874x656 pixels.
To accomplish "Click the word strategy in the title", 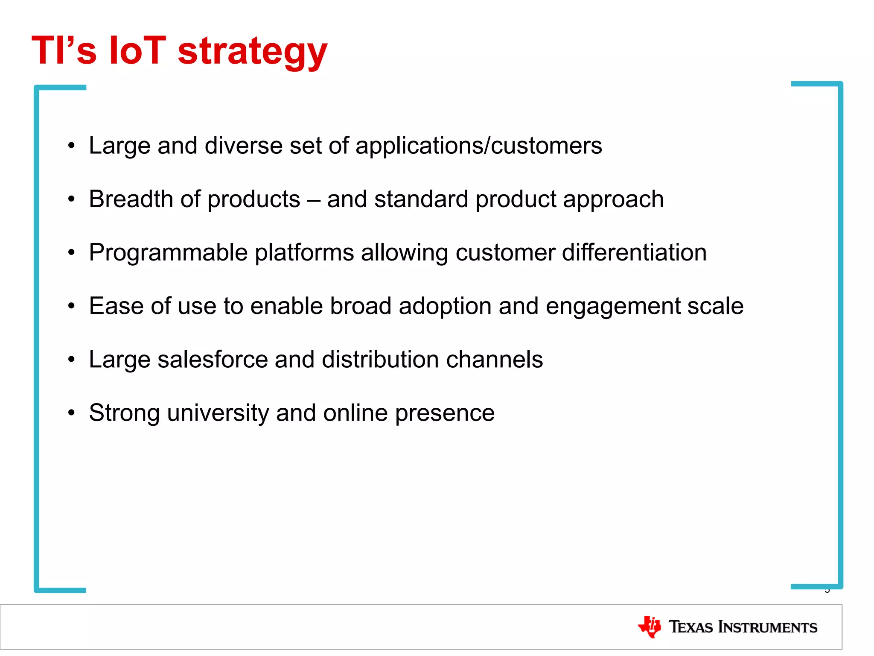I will click(252, 52).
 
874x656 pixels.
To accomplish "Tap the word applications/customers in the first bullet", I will click(478, 146).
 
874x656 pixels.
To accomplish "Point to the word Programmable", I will click(168, 252).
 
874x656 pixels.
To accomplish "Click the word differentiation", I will click(634, 252).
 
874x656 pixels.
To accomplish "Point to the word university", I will click(218, 413).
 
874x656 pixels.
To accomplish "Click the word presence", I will click(445, 413).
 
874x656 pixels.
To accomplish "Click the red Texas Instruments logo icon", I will click(650, 627).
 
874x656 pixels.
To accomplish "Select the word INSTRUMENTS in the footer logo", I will click(768, 627).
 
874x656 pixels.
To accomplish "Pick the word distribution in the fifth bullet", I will click(380, 359).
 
